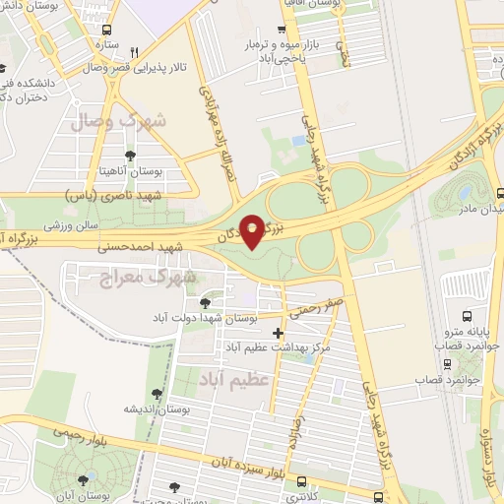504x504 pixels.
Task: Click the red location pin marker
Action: [253, 230]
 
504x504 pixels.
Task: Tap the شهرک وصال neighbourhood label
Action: [118, 121]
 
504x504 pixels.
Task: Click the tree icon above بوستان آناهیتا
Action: [131, 155]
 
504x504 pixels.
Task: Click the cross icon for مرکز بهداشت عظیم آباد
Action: [278, 333]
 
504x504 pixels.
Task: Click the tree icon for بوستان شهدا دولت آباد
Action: [205, 302]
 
